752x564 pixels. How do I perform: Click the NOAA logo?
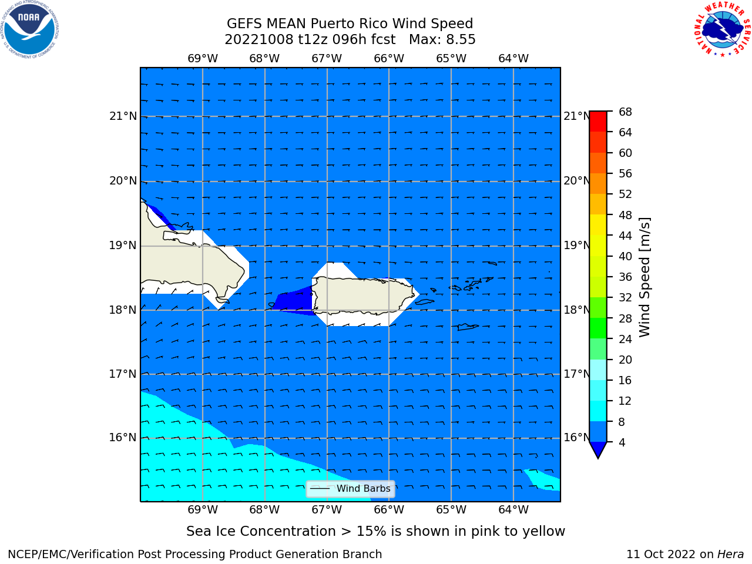pyautogui.click(x=29, y=29)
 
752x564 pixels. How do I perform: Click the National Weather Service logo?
pyautogui.click(x=723, y=29)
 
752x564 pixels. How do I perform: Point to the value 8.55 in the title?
pyautogui.click(x=461, y=39)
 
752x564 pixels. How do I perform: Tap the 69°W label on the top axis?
pyautogui.click(x=203, y=58)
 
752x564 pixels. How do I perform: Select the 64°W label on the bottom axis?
pyautogui.click(x=513, y=509)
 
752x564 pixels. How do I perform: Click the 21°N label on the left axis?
pyautogui.click(x=123, y=116)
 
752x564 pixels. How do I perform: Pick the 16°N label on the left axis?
pyautogui.click(x=123, y=437)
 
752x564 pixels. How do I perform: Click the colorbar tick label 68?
pyautogui.click(x=625, y=112)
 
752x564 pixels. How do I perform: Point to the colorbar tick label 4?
pyautogui.click(x=622, y=442)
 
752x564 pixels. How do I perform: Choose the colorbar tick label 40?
pyautogui.click(x=625, y=256)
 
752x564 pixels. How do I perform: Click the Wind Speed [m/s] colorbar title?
pyautogui.click(x=644, y=277)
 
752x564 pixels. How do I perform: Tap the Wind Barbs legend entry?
pyautogui.click(x=351, y=489)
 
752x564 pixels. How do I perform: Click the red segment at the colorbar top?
pyautogui.click(x=598, y=121)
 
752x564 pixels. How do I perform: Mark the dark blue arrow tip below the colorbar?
pyautogui.click(x=598, y=458)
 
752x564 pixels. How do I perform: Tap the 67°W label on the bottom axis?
pyautogui.click(x=327, y=509)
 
